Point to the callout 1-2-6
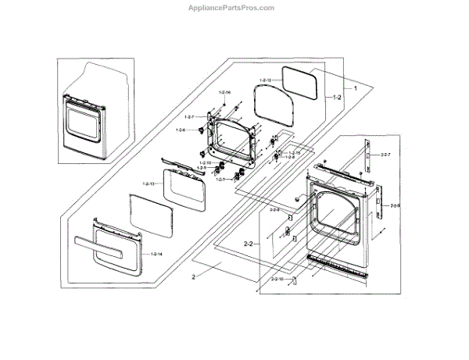tap(180, 130)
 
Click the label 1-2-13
tap(150, 184)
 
